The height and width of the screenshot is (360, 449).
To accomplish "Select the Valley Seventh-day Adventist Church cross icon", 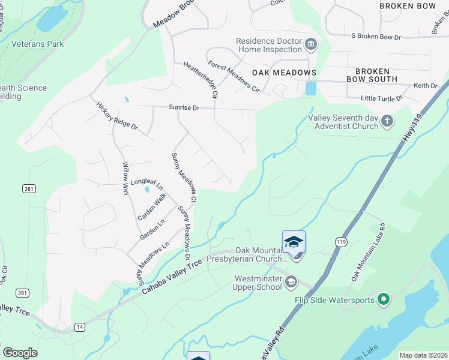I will [x=387, y=121].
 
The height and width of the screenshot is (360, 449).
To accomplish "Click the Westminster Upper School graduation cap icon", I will [x=291, y=281].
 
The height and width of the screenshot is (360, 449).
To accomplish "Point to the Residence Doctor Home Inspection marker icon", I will [x=311, y=44].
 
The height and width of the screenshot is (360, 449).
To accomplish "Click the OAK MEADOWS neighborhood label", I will [x=284, y=73].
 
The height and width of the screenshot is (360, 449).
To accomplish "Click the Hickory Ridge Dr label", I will [x=117, y=116].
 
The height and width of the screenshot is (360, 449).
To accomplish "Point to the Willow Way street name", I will [x=126, y=179].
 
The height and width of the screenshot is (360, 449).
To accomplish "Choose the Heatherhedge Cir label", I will [x=199, y=80].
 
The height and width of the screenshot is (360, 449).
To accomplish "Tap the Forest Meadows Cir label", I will [x=234, y=76].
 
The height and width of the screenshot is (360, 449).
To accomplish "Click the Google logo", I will [x=20, y=353].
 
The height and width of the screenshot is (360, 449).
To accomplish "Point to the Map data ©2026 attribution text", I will [x=423, y=355].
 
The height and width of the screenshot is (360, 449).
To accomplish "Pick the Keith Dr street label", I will [x=425, y=86].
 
